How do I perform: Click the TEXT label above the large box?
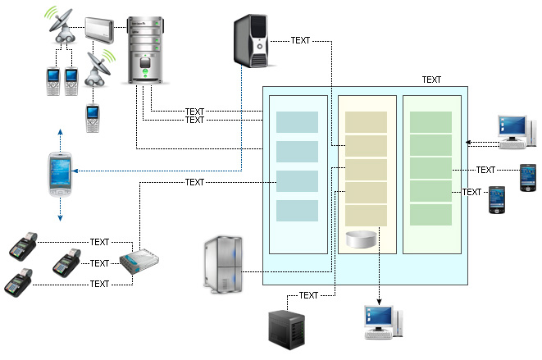431,80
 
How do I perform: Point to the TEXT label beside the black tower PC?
300,40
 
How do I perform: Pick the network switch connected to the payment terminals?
139,263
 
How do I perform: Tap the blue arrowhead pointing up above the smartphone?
60,131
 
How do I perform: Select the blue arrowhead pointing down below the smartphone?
60,218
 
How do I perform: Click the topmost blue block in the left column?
297,122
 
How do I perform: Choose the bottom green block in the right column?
430,215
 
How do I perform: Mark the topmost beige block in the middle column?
366,122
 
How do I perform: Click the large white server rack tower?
148,49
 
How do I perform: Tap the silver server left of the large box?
221,262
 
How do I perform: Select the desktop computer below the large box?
382,322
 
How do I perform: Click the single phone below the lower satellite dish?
93,118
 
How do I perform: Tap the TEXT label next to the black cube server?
309,295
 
